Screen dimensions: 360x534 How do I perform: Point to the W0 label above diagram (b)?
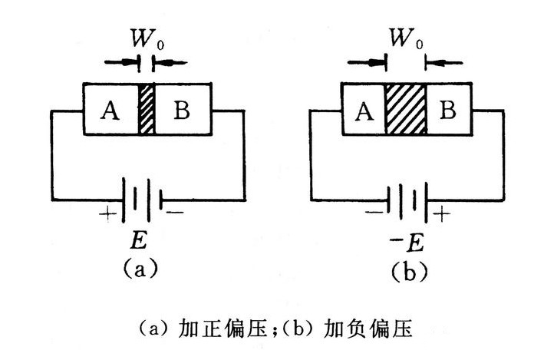point(406,38)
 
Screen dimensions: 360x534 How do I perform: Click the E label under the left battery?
point(140,243)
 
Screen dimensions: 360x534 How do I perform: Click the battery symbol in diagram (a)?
point(141,197)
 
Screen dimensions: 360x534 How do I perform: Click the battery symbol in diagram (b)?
point(404,198)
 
